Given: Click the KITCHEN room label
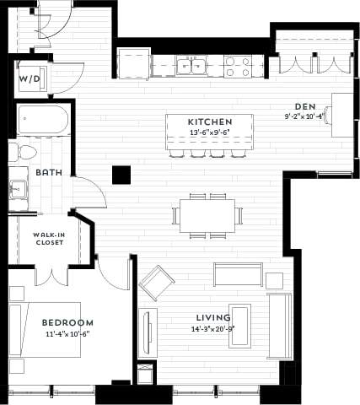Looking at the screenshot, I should [x=210, y=121].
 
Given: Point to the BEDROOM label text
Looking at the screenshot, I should [x=67, y=322].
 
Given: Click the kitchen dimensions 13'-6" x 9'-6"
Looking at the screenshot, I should [x=210, y=132].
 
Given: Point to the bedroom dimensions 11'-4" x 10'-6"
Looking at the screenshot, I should [x=67, y=332].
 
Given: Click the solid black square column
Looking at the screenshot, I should [x=122, y=175].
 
